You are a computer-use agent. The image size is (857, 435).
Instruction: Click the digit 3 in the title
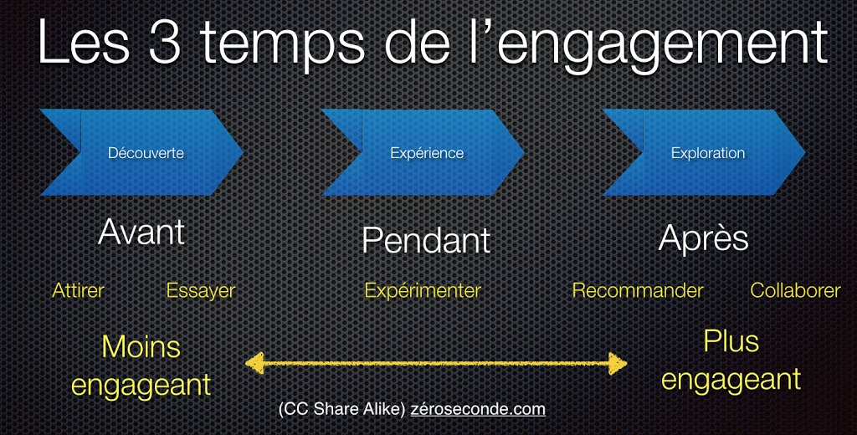point(164,42)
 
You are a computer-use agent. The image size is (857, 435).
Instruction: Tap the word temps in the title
point(283,46)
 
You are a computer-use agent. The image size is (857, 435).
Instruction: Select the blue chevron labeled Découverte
point(141,152)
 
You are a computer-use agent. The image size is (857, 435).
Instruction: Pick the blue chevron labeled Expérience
point(423,152)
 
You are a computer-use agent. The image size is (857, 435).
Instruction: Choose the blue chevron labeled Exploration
point(704,152)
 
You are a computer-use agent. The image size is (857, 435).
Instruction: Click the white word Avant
point(141,232)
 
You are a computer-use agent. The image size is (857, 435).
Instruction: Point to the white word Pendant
point(426,240)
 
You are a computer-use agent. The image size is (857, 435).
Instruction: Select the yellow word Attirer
point(78,291)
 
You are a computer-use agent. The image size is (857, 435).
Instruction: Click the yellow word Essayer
point(201,291)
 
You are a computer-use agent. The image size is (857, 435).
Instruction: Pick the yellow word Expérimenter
point(423,291)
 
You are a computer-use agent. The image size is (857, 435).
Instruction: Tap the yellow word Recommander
point(637,291)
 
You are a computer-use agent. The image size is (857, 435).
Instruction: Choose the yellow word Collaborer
point(795,291)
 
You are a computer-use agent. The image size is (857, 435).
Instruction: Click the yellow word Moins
point(141,347)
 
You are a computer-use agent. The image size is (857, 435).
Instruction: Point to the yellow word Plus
point(731,341)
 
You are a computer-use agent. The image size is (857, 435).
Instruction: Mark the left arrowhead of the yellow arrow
point(254,363)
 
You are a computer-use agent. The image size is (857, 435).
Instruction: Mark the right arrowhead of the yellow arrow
point(618,363)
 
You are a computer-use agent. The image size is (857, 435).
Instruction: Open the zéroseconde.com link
point(478,409)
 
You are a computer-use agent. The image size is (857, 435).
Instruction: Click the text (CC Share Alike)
point(341,409)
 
